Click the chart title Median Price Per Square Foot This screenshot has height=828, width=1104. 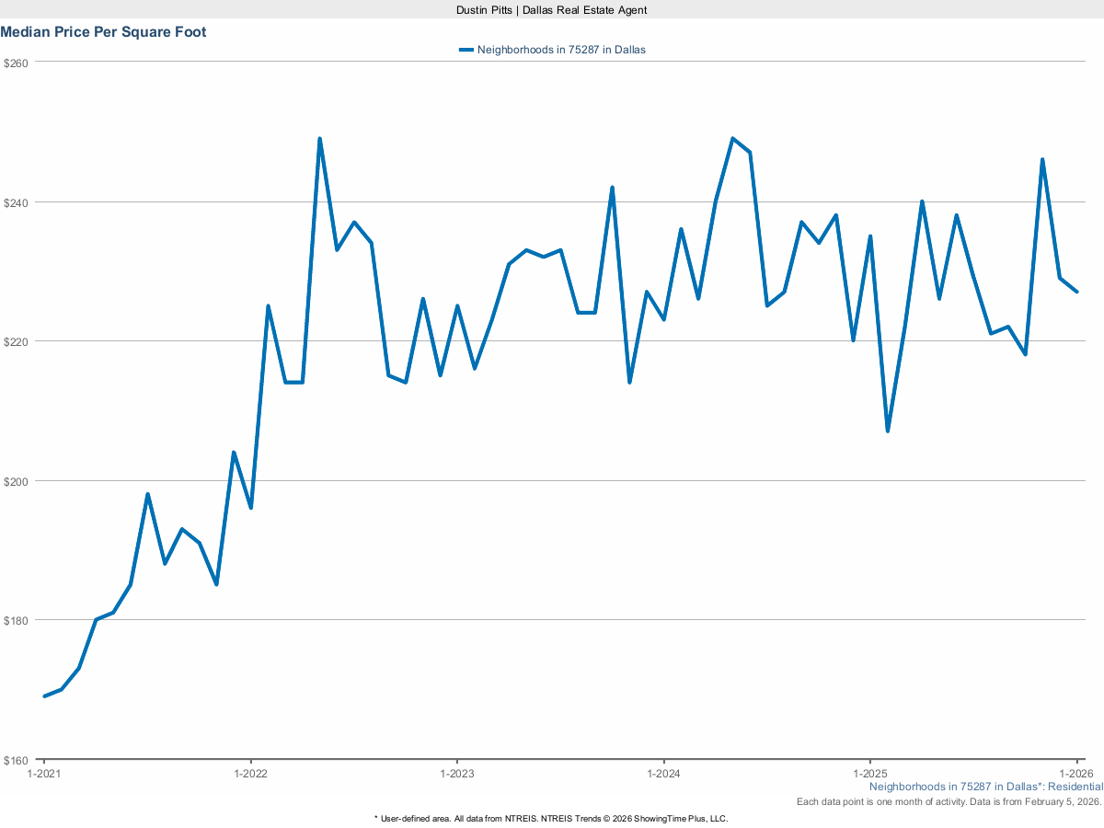[x=103, y=32]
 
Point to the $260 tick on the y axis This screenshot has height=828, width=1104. [x=17, y=63]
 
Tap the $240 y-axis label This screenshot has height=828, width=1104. [x=17, y=202]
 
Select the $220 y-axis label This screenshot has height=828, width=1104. [x=17, y=341]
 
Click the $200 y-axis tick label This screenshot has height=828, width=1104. [x=17, y=481]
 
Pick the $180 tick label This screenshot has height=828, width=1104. [x=17, y=620]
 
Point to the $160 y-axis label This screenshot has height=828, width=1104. [x=17, y=760]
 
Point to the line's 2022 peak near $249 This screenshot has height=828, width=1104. [x=319, y=139]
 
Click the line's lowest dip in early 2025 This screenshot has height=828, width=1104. [x=888, y=431]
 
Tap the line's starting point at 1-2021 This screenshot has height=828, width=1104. [x=44, y=696]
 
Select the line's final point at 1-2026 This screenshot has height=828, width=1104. [x=1076, y=292]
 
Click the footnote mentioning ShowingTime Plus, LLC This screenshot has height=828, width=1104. [x=551, y=818]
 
